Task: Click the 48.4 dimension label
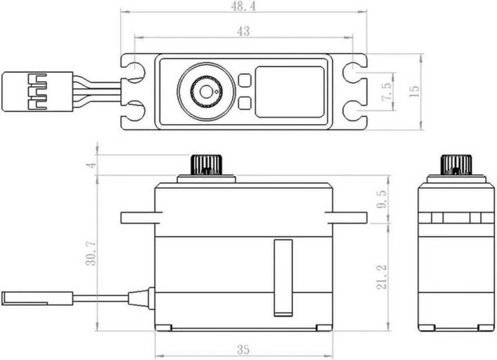click(x=243, y=6)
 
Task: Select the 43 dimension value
click(x=243, y=31)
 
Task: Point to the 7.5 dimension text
click(x=387, y=92)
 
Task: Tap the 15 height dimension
click(x=414, y=92)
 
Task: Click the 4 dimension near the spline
click(x=91, y=165)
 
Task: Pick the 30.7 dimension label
click(x=91, y=253)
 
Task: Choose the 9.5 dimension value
click(x=381, y=199)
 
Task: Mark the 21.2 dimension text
click(x=382, y=277)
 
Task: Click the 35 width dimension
click(x=243, y=350)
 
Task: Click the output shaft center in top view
click(x=206, y=92)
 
